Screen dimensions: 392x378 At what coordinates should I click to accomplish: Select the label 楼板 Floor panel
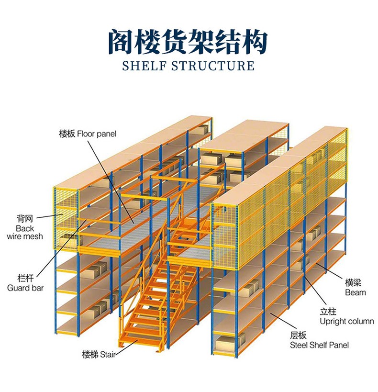(88, 134)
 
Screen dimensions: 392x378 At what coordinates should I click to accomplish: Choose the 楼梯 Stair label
(98, 355)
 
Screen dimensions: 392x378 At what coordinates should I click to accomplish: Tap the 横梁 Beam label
(356, 288)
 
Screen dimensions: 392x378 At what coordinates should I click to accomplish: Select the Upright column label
(346, 316)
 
